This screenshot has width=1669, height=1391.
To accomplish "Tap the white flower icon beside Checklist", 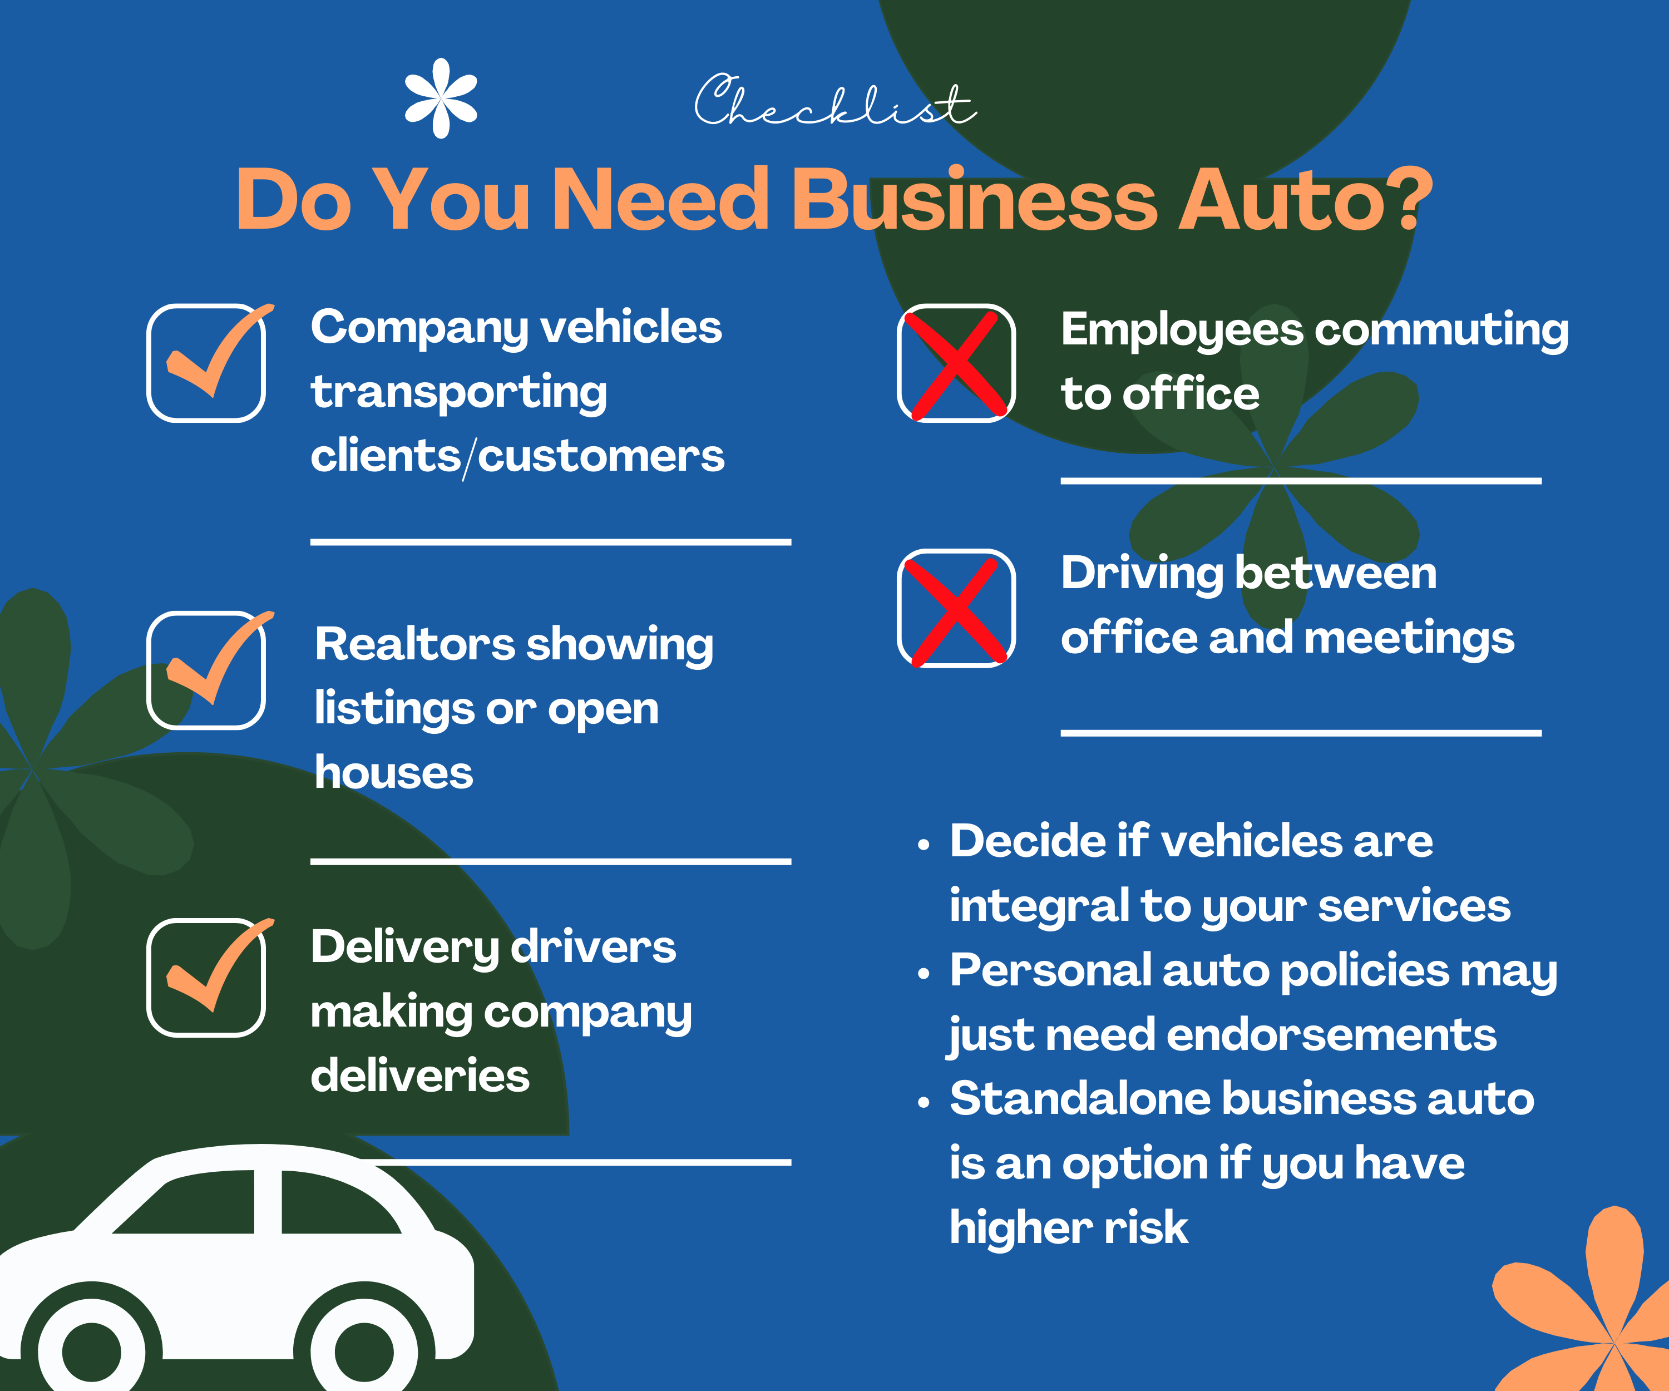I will coord(441,98).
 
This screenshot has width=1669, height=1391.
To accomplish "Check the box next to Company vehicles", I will coord(206,362).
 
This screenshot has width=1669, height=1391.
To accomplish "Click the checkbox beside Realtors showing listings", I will coord(206,669).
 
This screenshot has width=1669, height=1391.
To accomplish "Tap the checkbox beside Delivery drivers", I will coord(206,977).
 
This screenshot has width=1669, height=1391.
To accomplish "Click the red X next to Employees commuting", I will coord(957,363).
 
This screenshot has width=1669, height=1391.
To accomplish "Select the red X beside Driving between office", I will coord(957,609).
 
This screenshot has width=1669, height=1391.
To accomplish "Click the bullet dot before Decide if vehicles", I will coord(923,846).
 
